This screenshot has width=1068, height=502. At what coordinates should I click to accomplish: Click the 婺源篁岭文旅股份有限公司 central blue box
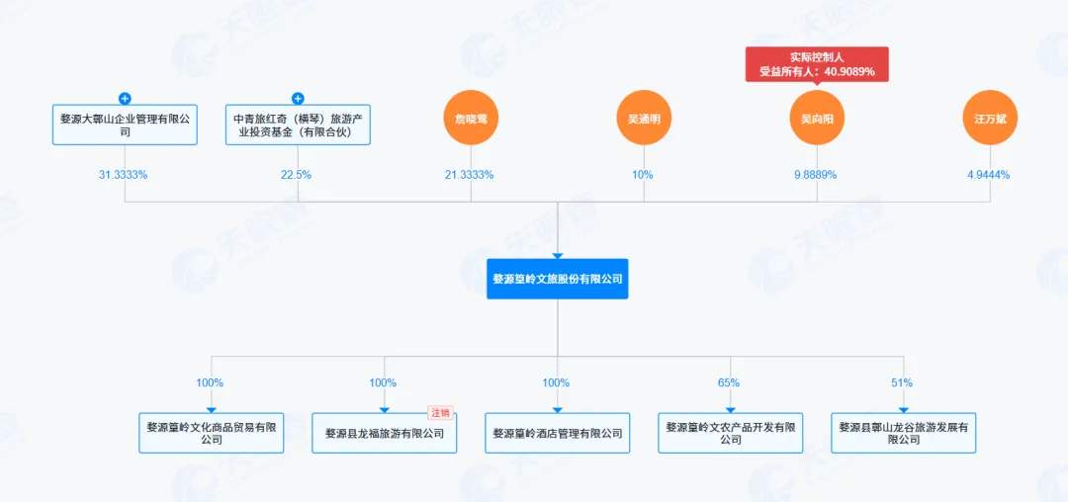click(558, 279)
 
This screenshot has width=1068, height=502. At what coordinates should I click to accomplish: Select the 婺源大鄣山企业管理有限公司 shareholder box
click(125, 125)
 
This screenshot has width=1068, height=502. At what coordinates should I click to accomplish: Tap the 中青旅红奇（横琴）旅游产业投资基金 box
click(298, 125)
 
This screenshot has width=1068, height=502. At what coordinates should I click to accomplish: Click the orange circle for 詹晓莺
click(471, 118)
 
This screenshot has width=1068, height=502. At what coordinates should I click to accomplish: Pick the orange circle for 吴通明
click(644, 118)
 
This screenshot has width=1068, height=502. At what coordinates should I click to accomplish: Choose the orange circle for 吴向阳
click(817, 118)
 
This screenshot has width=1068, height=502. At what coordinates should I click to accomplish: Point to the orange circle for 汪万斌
click(990, 118)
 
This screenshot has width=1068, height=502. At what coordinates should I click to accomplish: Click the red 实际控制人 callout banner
click(817, 64)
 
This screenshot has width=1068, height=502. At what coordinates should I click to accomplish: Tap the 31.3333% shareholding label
click(125, 175)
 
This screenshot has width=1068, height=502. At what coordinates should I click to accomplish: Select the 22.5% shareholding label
click(298, 175)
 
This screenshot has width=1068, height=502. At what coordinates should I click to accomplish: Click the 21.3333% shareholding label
click(471, 175)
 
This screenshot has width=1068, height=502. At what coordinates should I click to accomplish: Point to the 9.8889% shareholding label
click(817, 175)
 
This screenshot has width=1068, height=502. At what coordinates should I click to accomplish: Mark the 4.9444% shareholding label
click(990, 175)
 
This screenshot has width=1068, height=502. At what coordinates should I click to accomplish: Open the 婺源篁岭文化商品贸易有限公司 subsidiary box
click(212, 433)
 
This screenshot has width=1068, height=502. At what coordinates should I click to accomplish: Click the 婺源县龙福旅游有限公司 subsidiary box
click(385, 434)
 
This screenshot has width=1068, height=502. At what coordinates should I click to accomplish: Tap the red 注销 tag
click(440, 413)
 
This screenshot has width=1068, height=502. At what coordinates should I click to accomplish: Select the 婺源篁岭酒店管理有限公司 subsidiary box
click(558, 434)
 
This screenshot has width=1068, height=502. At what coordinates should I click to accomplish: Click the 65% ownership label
click(729, 382)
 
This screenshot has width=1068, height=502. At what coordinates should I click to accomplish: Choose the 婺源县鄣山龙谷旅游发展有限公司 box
click(903, 433)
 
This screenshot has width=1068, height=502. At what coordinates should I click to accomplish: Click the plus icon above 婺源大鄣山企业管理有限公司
click(125, 99)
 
